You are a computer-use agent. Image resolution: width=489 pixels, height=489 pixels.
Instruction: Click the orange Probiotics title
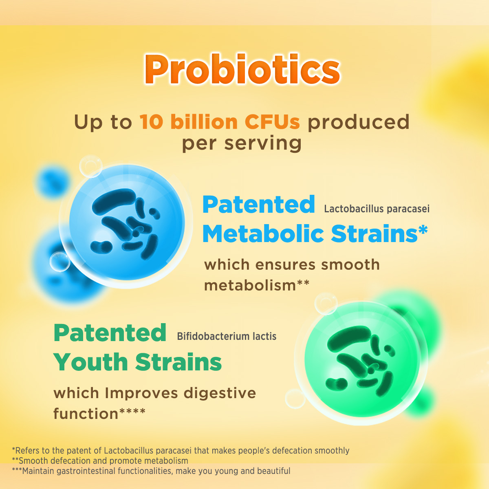pyautogui.click(x=242, y=69)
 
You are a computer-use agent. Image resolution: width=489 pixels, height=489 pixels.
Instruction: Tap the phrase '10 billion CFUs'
pyautogui.click(x=220, y=122)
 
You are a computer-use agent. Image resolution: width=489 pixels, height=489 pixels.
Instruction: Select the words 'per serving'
pyautogui.click(x=242, y=143)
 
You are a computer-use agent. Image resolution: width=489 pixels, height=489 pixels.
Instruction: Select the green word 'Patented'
pyautogui.click(x=110, y=333)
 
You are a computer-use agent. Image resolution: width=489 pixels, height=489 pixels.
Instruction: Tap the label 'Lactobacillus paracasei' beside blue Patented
pyautogui.click(x=377, y=209)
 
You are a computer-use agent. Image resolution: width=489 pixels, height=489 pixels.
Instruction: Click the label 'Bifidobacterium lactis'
pyautogui.click(x=227, y=337)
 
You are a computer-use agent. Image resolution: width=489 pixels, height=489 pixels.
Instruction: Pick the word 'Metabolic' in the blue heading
pyautogui.click(x=263, y=234)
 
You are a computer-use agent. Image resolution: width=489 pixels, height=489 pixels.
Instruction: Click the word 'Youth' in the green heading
pyautogui.click(x=90, y=362)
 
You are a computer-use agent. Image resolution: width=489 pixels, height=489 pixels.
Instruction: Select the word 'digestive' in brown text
pyautogui.click(x=220, y=393)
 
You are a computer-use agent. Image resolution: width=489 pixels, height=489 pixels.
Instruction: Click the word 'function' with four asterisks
pyautogui.click(x=99, y=414)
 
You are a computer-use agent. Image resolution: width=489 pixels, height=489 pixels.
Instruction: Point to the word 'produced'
pyautogui.click(x=359, y=123)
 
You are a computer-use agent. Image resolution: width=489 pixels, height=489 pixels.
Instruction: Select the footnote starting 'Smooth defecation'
pyautogui.click(x=100, y=460)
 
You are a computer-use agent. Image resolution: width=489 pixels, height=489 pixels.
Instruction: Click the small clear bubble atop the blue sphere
pyautogui.click(x=90, y=166)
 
